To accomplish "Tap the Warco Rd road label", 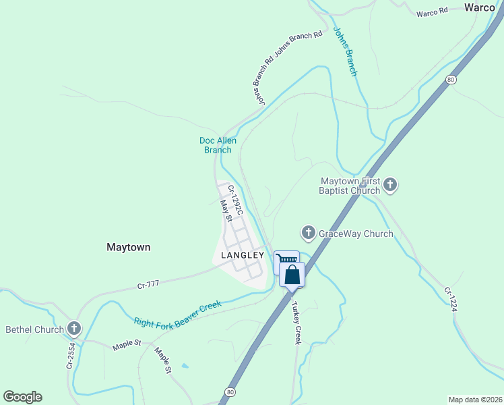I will [x=432, y=13].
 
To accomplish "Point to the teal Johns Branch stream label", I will [x=344, y=52].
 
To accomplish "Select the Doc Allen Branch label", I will [x=218, y=145].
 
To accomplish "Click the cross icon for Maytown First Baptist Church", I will [x=390, y=184].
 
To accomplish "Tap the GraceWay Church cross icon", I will [x=308, y=234].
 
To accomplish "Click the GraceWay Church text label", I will [x=355, y=234].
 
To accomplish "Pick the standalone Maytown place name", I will [x=128, y=247].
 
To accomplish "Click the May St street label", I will [x=227, y=210].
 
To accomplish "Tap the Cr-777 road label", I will [x=148, y=284].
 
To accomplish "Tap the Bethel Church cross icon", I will [x=74, y=329].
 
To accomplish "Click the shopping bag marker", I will [x=292, y=275].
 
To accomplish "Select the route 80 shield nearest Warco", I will [x=451, y=80].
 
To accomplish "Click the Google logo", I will [x=22, y=397].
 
